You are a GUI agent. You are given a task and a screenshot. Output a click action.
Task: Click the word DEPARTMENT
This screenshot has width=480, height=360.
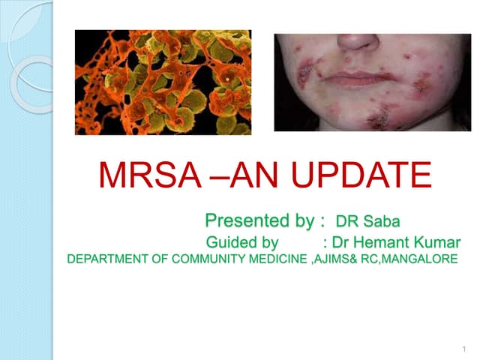click(102, 259)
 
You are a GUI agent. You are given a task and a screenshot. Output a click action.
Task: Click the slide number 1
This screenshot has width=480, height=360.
click(464, 349)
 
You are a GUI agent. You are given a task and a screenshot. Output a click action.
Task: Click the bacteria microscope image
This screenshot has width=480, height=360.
click(163, 82)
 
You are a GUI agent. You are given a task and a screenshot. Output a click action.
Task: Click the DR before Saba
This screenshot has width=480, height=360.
click(348, 221)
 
